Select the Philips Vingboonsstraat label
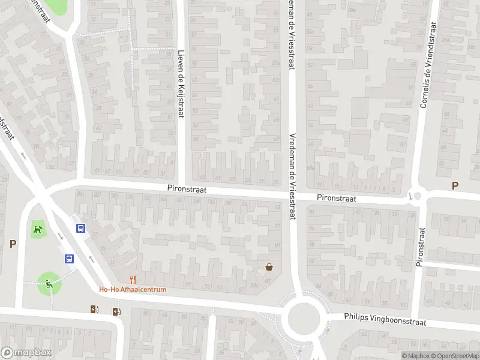[385, 319]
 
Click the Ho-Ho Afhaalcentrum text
[133, 289]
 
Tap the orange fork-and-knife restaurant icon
[133, 279]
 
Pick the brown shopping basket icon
[270, 267]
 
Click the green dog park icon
[38, 228]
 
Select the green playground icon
[48, 283]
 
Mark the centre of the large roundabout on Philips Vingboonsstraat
[303, 316]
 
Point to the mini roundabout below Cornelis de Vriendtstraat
[416, 196]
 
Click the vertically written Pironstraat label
[421, 247]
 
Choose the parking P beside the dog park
[13, 244]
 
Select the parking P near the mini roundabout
[455, 186]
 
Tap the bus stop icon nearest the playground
[70, 259]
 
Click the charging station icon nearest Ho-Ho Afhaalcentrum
[115, 311]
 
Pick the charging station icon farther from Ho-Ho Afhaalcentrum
[94, 310]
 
